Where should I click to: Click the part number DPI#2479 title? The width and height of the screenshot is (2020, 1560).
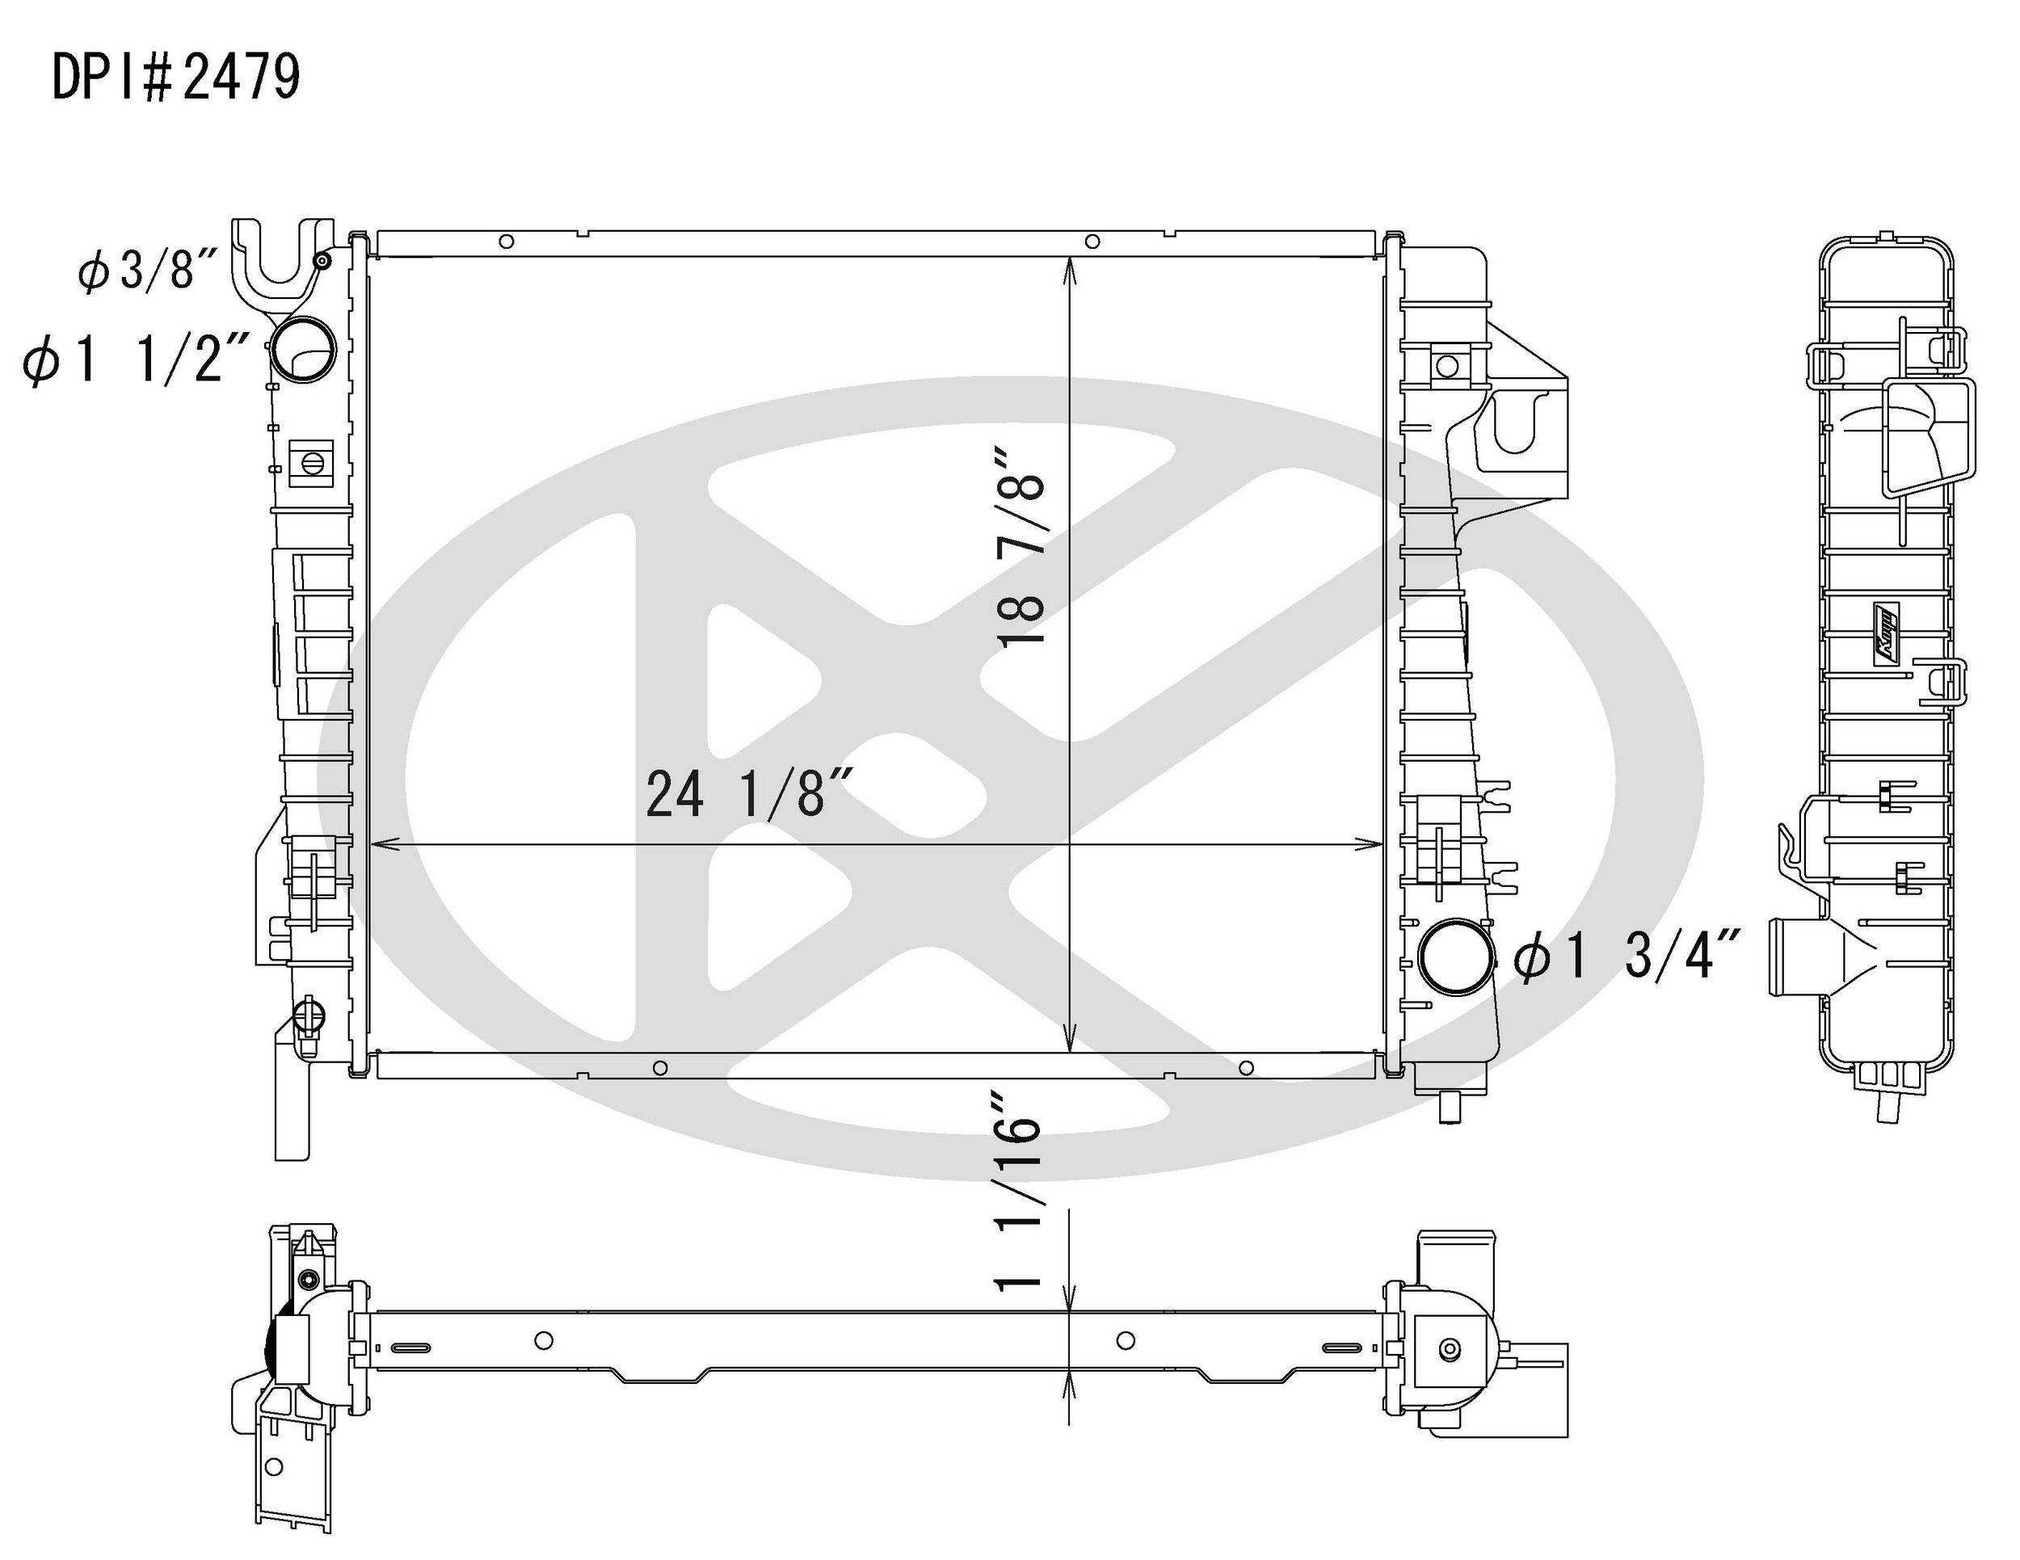175,77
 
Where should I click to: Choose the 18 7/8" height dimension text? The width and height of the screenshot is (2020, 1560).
1021,546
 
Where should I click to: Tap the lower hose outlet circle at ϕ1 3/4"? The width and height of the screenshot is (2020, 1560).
1456,957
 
